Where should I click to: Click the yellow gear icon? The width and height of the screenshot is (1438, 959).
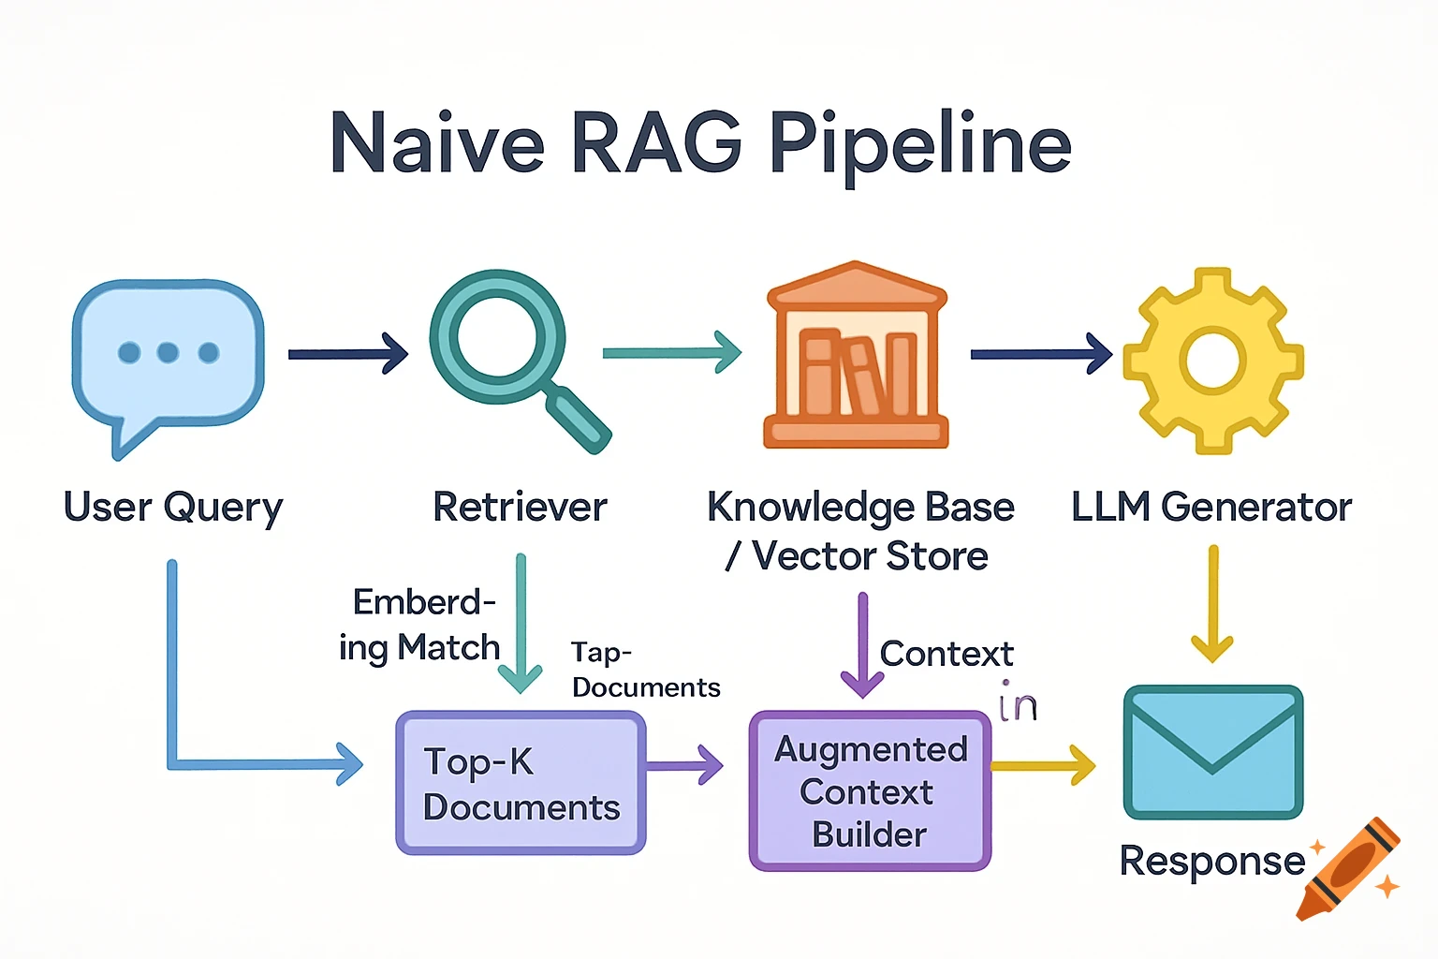point(1212,361)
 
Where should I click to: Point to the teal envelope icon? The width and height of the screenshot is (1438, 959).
point(1212,752)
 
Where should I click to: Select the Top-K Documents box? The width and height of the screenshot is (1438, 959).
point(521,783)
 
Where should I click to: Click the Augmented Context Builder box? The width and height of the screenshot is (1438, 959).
point(870,791)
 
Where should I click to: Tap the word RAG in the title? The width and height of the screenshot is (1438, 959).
point(655,145)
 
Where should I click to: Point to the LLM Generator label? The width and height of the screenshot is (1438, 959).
point(1211,508)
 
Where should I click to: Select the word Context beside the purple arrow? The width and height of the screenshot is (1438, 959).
point(946,654)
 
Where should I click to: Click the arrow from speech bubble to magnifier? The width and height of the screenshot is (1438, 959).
point(347,354)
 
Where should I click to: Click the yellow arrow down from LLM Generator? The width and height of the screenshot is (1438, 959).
point(1212,604)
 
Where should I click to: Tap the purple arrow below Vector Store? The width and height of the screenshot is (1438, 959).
point(862,646)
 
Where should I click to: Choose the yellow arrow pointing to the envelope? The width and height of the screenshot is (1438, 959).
point(1042,765)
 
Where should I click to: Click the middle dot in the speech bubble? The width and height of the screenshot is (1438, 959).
point(169,352)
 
